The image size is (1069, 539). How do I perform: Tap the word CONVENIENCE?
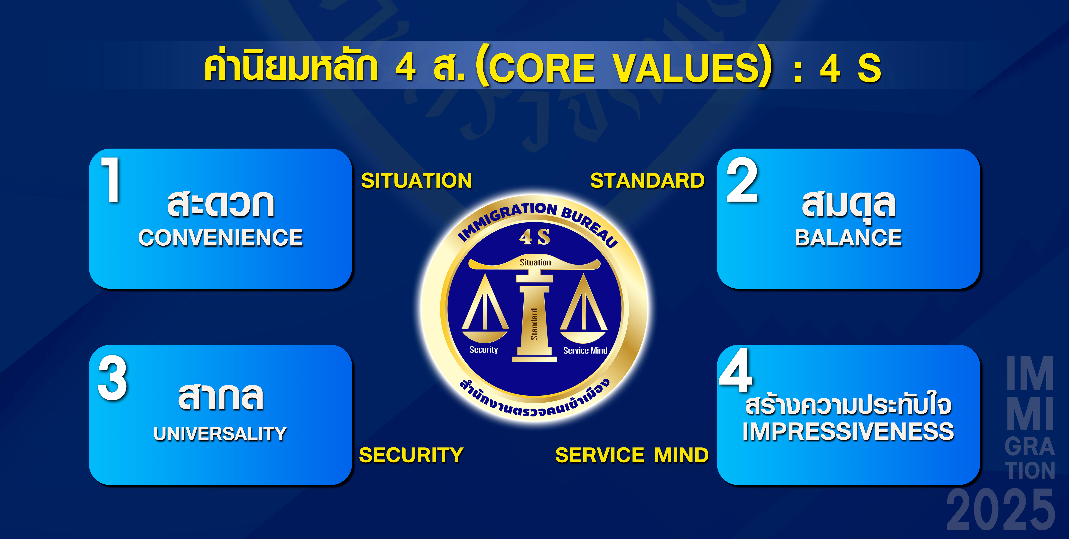coord(220,238)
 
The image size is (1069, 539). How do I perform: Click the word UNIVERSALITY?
coord(220,434)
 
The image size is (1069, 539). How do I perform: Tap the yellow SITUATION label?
coord(416,180)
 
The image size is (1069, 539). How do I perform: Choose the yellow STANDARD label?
coord(647,180)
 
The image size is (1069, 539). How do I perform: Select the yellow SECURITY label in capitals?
coord(411,455)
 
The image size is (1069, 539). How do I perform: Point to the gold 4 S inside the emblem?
coord(534,237)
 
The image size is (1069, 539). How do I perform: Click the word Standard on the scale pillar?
coord(534,324)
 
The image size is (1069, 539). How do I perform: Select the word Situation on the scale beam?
coord(535,262)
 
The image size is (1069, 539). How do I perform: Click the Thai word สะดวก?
coord(220,204)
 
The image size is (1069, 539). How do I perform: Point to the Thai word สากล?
coord(220,396)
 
